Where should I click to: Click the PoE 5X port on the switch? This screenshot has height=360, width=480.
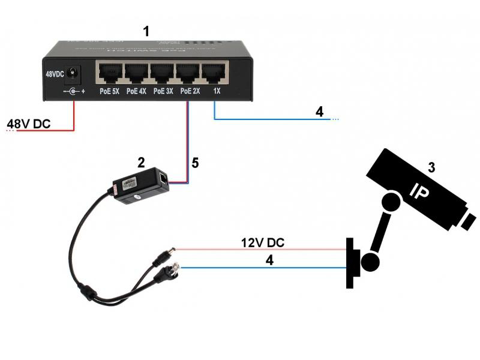click(109, 74)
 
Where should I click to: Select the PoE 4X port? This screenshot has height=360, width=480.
click(136, 74)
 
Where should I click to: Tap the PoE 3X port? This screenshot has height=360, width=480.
click(162, 74)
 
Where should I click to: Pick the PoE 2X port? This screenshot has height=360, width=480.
click(188, 74)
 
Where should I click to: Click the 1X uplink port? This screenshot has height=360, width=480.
click(215, 74)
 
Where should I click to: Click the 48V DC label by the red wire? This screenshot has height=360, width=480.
click(28, 124)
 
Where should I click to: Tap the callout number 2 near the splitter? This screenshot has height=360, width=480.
click(141, 161)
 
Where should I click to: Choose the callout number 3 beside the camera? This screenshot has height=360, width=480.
click(431, 167)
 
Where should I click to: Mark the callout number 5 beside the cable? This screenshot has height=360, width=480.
click(194, 163)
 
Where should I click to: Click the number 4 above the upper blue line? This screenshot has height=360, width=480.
click(319, 111)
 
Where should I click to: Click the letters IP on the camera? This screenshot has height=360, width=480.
click(418, 191)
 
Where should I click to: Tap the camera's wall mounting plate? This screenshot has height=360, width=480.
click(353, 263)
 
